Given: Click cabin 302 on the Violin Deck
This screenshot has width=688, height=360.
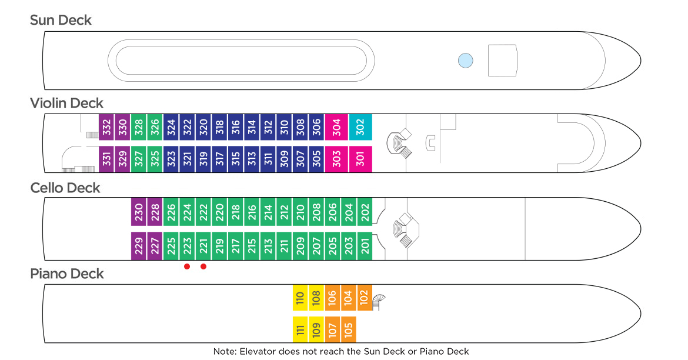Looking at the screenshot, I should click(x=360, y=126).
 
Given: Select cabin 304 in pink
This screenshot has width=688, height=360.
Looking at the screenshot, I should click(x=336, y=126).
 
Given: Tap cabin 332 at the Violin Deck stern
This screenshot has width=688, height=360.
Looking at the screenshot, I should click(x=106, y=126).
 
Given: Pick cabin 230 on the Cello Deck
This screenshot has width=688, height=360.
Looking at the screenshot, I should click(x=139, y=212).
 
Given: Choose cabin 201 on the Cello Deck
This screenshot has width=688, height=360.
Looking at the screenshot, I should click(x=365, y=245).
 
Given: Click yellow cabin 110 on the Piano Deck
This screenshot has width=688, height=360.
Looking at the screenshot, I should click(x=300, y=298).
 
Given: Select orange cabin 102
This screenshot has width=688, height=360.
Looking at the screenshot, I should click(x=364, y=298).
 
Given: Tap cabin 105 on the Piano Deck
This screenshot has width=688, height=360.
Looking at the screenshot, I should click(x=348, y=329).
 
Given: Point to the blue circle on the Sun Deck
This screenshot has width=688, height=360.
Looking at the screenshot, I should click(x=465, y=60).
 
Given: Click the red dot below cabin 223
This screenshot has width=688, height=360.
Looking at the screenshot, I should click(x=187, y=266).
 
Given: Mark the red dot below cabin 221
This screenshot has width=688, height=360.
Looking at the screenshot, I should click(x=203, y=266).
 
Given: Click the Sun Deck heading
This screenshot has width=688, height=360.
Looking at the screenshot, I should click(x=61, y=20).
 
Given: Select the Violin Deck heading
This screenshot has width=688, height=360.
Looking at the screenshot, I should click(x=66, y=104).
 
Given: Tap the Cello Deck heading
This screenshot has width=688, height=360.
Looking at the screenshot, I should click(x=65, y=188).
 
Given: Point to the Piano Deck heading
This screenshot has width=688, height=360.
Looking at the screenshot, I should click(x=66, y=274).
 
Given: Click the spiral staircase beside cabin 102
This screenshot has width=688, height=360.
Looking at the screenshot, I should click(x=380, y=301).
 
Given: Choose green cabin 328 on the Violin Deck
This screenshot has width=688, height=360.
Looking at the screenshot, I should click(x=139, y=126).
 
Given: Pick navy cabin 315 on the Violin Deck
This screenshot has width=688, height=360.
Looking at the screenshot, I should click(x=235, y=159).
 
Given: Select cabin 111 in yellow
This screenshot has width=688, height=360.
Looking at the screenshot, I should click(x=300, y=329).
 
